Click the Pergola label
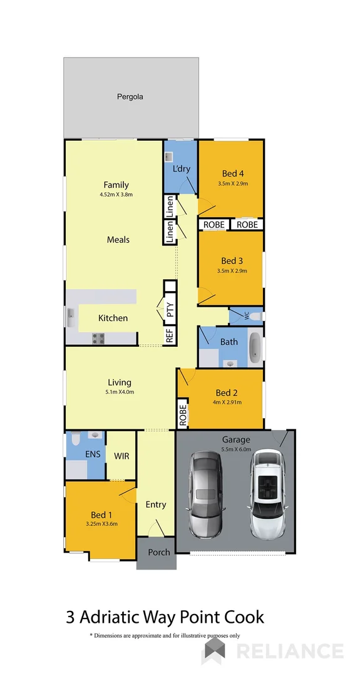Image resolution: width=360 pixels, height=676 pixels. tap(130, 96)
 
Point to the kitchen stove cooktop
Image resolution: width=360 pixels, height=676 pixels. tap(99, 339)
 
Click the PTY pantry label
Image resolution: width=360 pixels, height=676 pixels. tap(170, 310)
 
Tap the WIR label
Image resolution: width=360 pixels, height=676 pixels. tap(121, 456)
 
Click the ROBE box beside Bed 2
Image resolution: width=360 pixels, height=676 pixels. tap(183, 416)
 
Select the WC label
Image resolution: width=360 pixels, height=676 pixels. tap(246, 316)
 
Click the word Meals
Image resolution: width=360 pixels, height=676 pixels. tap(118, 240)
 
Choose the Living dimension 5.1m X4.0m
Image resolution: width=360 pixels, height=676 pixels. tap(119, 392)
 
